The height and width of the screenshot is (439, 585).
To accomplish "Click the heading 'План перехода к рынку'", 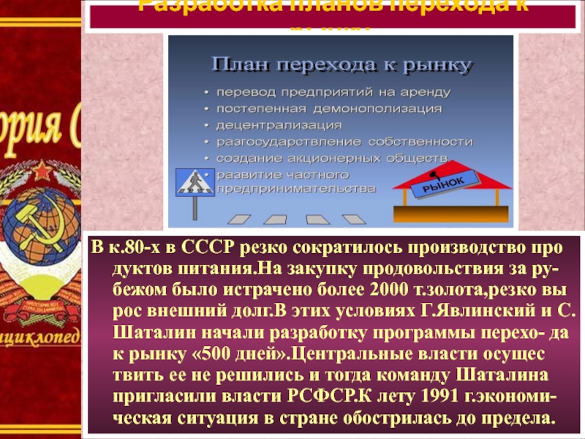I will click(341, 66).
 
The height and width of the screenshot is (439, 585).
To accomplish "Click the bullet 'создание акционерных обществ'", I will click(331, 157).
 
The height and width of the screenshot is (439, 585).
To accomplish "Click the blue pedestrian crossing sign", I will click(195, 182).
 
